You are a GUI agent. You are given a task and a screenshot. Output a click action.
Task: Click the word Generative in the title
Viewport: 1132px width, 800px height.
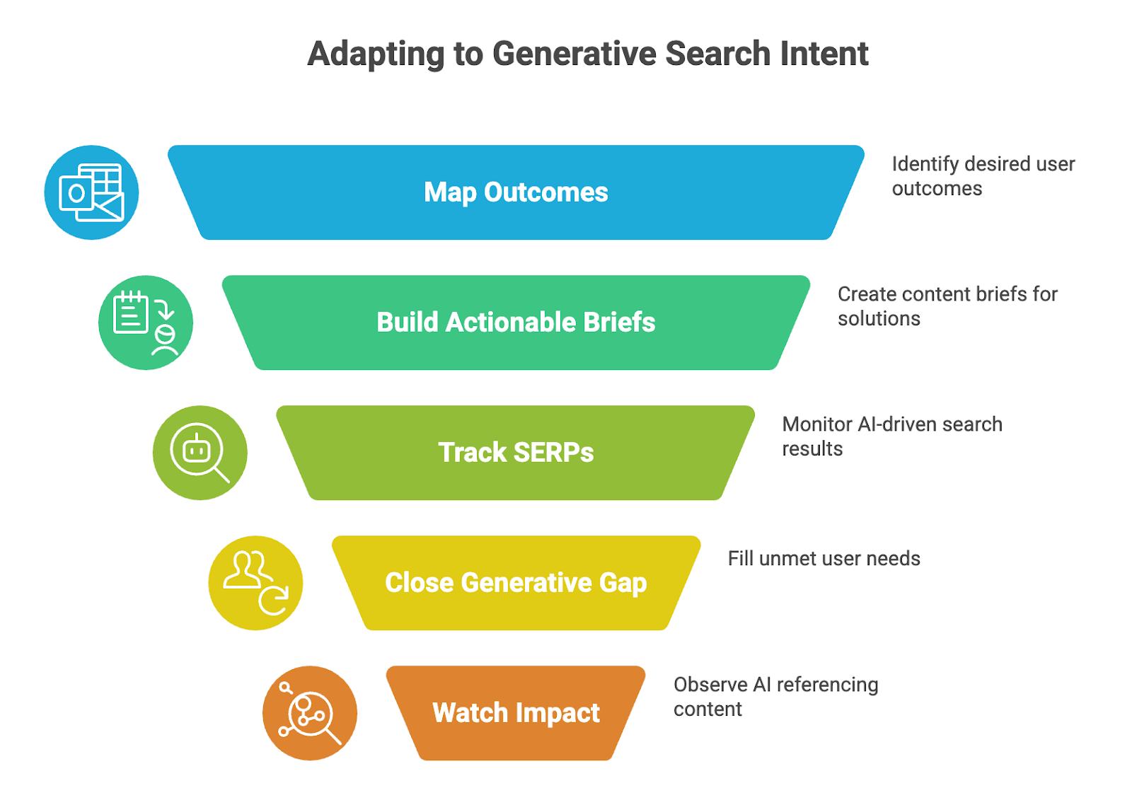[x=574, y=54]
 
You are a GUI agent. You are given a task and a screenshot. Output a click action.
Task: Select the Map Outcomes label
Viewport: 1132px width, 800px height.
[x=516, y=192]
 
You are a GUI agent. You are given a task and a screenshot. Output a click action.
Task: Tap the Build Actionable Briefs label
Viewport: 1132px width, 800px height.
[x=516, y=323]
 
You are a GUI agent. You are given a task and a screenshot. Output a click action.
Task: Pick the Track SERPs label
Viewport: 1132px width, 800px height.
[x=516, y=452]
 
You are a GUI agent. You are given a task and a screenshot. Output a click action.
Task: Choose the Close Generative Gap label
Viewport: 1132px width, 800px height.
[x=516, y=583]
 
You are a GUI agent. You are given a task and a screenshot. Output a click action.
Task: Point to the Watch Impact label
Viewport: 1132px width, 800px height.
[x=516, y=713]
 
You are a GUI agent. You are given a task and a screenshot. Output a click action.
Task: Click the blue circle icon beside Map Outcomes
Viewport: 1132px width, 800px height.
[x=91, y=192]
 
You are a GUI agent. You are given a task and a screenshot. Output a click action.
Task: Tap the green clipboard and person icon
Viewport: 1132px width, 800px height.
[x=146, y=323]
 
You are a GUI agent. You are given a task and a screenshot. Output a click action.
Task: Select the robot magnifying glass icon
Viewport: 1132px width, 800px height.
[x=200, y=453]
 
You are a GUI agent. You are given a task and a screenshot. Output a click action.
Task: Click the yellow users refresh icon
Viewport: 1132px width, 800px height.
[x=255, y=583]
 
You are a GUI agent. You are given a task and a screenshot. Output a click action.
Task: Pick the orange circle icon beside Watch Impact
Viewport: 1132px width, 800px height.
[x=310, y=713]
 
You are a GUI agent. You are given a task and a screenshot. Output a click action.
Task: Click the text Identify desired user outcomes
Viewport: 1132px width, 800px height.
[x=983, y=176]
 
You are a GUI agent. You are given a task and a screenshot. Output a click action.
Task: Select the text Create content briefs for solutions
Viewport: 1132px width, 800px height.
[x=947, y=306]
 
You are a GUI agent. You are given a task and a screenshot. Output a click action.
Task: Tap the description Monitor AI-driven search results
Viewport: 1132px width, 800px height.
[x=892, y=436]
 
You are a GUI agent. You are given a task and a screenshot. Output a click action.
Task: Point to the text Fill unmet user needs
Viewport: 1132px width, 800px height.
[x=824, y=558]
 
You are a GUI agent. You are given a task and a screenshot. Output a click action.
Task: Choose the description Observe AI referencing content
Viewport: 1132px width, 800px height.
[x=775, y=697]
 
